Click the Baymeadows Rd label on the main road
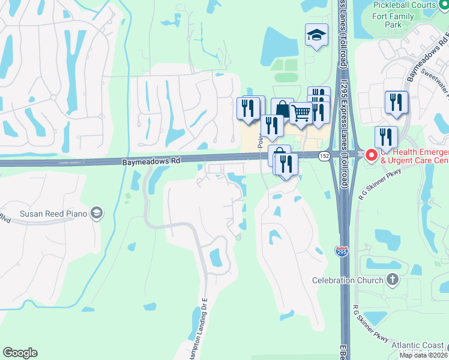click(x=151, y=161)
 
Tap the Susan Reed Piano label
click(x=53, y=213)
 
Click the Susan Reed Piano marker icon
click(x=96, y=213)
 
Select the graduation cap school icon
click(x=316, y=35)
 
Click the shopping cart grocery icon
click(x=301, y=112)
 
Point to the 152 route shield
click(x=324, y=155)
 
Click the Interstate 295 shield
click(x=341, y=251)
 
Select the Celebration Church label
click(x=348, y=280)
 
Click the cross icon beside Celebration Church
click(x=393, y=280)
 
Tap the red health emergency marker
click(x=371, y=155)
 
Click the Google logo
click(x=20, y=353)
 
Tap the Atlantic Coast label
click(x=419, y=345)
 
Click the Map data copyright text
click(x=423, y=355)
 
